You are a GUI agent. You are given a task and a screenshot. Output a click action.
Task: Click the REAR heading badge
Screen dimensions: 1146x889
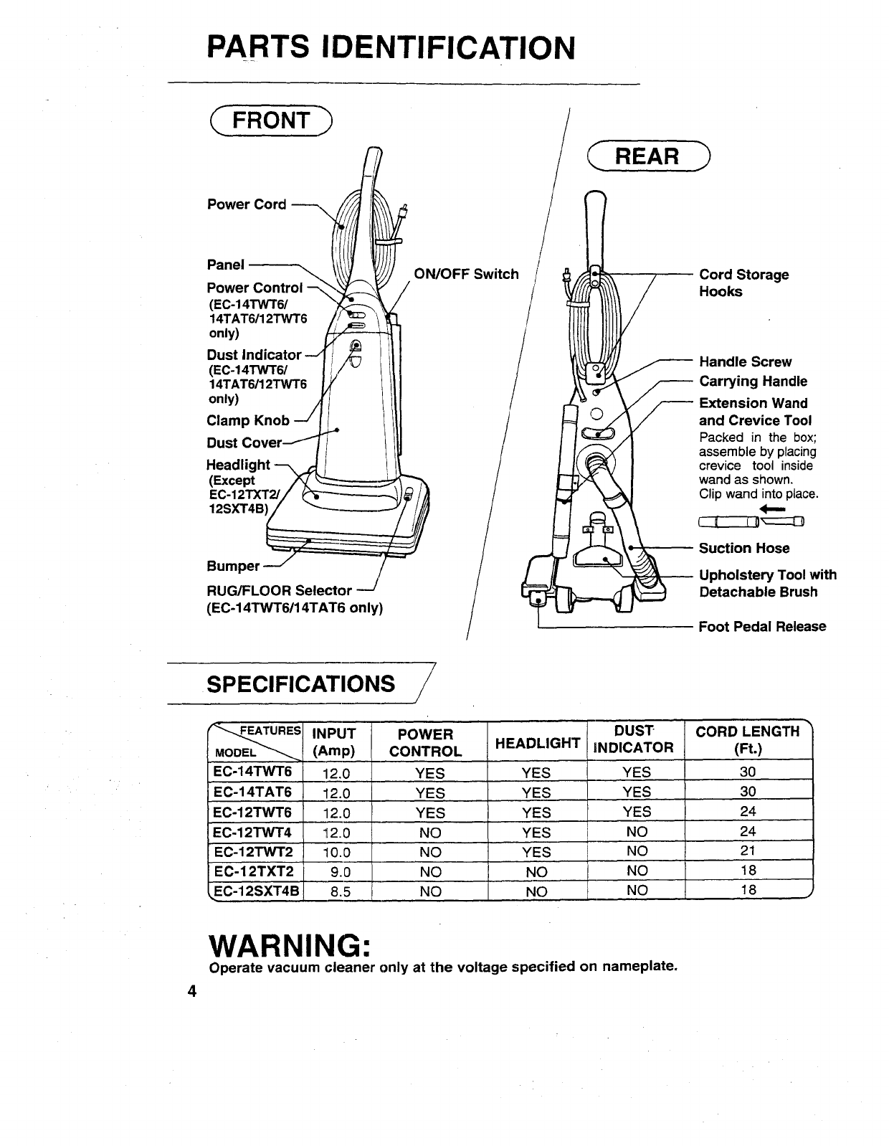coord(647,156)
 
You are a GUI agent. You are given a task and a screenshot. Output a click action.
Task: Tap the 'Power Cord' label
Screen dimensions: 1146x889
coord(246,204)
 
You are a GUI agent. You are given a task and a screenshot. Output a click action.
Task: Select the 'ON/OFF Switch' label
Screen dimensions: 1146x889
coord(466,274)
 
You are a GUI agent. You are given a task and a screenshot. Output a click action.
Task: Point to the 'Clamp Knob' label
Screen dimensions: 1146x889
coord(247,420)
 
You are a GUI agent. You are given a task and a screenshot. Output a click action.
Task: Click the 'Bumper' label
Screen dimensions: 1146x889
coord(233,566)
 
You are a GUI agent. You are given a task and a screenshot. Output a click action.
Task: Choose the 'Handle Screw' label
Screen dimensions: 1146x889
coord(745,361)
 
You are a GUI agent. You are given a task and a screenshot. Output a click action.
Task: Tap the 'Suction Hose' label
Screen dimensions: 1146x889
coord(744,548)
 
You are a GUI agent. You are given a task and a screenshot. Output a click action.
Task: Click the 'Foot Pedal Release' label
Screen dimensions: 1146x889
coord(762,626)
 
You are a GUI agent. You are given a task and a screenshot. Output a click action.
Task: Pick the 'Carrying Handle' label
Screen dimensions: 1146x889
coord(753,381)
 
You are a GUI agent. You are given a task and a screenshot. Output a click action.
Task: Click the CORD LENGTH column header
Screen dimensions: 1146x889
coord(748,740)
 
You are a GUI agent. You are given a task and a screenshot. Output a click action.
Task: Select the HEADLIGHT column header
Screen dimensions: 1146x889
coord(537,743)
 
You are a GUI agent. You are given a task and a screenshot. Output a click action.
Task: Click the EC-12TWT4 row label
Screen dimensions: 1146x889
coord(253,832)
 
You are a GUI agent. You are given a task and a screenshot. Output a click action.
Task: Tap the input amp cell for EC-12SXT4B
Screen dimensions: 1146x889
coord(336,891)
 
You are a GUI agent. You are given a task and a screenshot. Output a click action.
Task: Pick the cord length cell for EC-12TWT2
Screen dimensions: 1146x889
coord(748,851)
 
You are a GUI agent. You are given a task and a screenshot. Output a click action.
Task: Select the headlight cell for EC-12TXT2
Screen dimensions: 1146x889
coord(536,872)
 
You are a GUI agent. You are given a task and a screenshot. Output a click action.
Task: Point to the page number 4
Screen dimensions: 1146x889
coord(191,992)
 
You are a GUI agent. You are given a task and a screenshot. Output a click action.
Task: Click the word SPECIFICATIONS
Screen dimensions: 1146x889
coord(300,683)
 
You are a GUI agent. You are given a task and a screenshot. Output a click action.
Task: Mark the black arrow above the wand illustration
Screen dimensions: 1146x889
coord(776,508)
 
